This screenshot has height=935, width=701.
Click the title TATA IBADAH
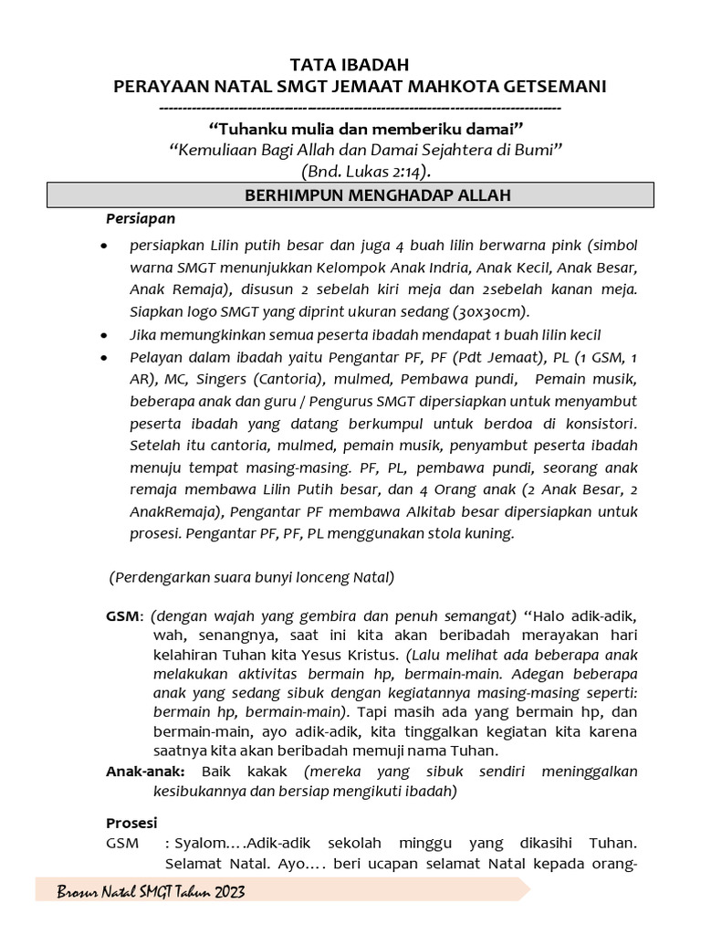click(350, 65)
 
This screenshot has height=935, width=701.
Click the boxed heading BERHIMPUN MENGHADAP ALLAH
click(350, 195)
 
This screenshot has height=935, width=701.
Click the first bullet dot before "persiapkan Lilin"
click(106, 247)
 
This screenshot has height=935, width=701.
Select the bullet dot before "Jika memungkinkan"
click(106, 335)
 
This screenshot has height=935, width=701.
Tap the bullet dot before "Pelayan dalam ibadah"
click(106, 357)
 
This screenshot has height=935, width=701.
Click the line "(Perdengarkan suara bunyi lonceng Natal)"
click(251, 577)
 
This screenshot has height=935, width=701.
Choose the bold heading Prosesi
click(132, 822)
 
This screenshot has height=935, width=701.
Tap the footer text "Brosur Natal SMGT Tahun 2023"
click(151, 891)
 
